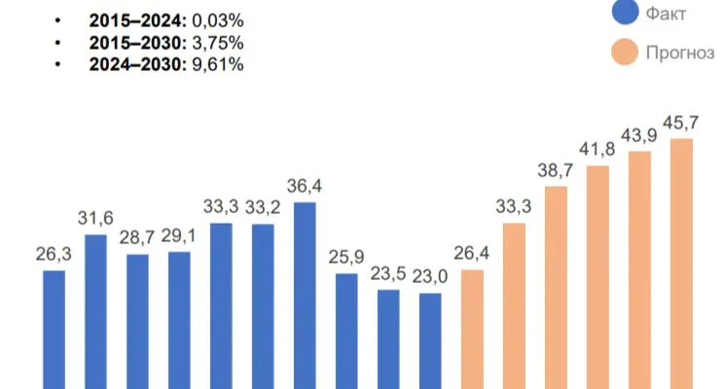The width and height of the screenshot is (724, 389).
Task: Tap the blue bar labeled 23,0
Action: click(430, 340)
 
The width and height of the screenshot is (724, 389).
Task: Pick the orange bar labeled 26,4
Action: click(472, 329)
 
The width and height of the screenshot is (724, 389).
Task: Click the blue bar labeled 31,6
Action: click(95, 311)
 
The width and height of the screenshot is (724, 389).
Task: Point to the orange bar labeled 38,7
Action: click(556, 287)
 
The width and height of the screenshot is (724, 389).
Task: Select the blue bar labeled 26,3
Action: click(54, 329)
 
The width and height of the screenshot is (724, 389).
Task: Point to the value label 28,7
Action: click(137, 238)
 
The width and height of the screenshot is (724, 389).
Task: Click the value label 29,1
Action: click(179, 235)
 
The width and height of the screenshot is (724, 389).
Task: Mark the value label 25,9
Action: click(346, 257)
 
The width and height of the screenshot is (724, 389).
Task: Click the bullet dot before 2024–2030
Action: click(61, 65)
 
